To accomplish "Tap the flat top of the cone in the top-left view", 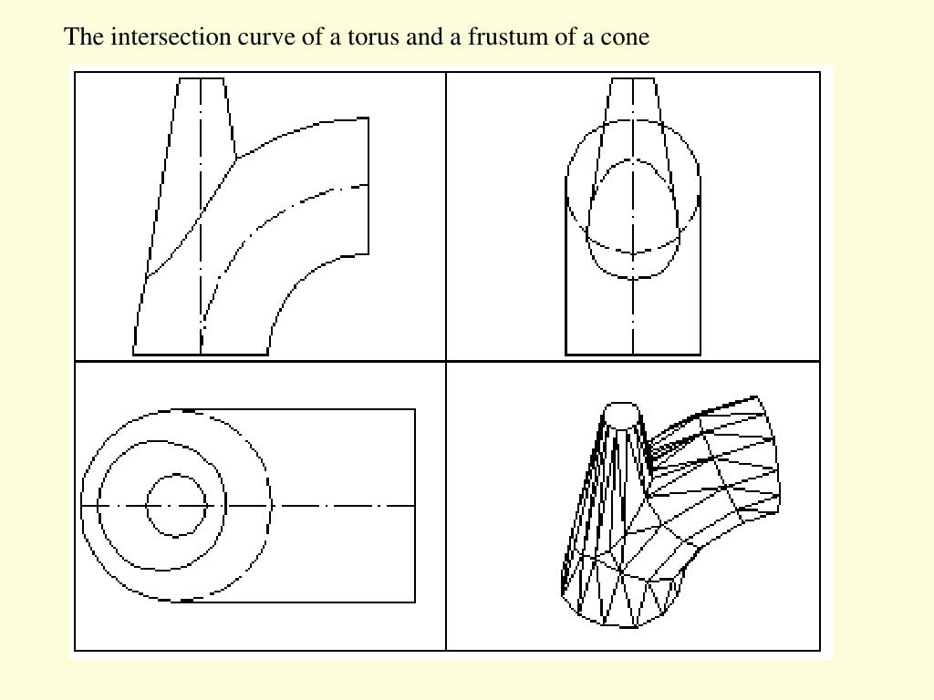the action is point(202,78).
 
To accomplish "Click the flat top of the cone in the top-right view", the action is point(633,78).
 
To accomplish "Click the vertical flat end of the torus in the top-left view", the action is point(368,186).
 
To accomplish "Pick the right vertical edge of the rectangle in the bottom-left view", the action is point(415,505).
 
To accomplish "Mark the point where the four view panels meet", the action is point(446,361).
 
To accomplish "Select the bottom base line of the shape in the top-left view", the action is point(201,355).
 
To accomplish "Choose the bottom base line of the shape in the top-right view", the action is point(633,355).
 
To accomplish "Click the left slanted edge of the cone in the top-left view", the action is point(156,216).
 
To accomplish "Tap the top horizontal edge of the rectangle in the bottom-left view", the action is point(298,409).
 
